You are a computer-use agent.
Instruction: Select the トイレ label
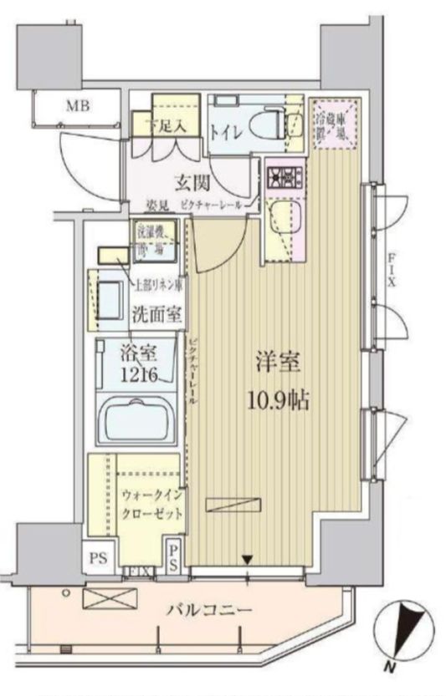coord(228,131)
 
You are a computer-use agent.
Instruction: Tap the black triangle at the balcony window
coord(248,558)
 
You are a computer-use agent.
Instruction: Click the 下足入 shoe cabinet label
coord(173,127)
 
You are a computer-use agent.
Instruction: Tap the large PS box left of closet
coord(98,558)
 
